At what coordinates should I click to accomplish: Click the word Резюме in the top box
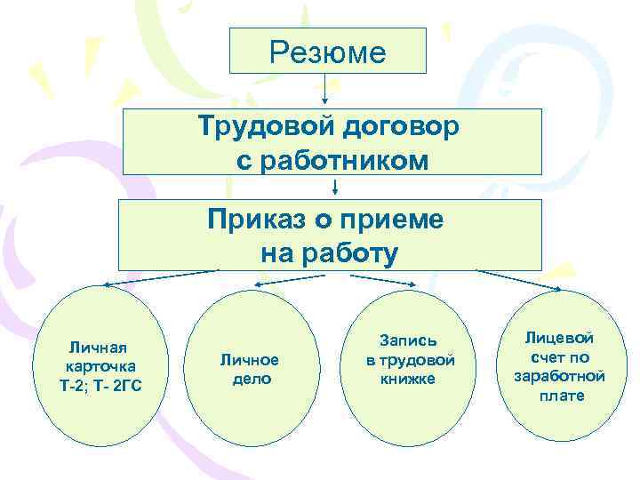coord(328,52)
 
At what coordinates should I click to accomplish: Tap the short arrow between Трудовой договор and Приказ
coord(335,187)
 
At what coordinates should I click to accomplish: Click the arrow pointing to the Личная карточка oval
coord(160,277)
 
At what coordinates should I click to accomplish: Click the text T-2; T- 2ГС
coord(98,384)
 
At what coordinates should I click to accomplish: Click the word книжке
coord(408,378)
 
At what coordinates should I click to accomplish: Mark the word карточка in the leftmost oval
coord(96,365)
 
